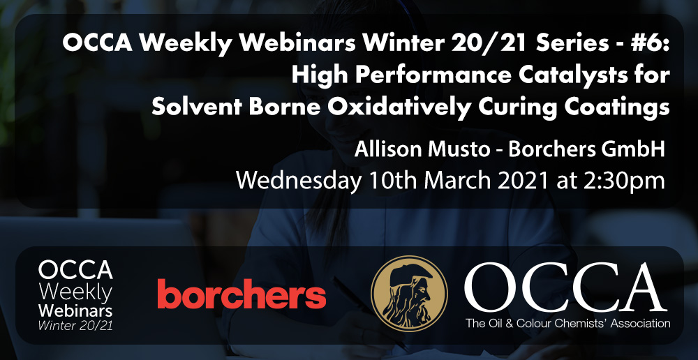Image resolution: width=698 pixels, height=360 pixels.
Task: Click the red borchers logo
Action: (242, 294)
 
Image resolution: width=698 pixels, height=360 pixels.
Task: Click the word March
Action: (455, 181)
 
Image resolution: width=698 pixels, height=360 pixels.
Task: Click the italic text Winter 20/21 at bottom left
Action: (75, 325)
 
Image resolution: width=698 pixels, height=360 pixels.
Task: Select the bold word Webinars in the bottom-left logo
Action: (75, 310)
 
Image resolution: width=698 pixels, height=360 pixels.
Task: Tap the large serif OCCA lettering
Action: (565, 288)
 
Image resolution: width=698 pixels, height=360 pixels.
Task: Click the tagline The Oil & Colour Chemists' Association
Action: (567, 323)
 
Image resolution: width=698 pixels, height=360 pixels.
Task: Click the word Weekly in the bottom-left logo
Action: (75, 293)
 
